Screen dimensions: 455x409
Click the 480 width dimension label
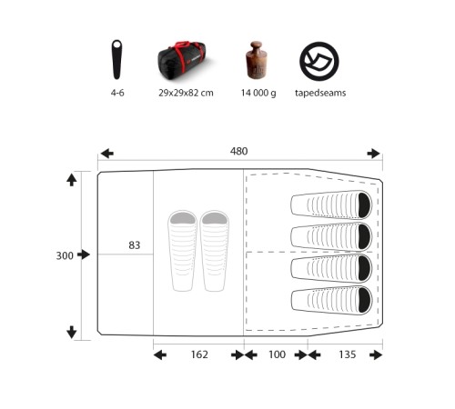tap(238, 151)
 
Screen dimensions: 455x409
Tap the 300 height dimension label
tap(65, 255)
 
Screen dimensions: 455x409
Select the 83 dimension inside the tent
tap(135, 245)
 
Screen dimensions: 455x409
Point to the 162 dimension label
tap(199, 354)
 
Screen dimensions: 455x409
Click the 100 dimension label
tap(277, 354)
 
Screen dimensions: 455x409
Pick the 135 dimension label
tap(348, 354)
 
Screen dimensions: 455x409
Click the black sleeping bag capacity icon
tap(116, 59)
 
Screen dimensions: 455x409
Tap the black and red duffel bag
tap(181, 61)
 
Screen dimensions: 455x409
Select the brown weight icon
tap(257, 60)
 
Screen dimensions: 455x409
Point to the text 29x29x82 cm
tap(186, 93)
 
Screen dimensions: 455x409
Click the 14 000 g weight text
tap(258, 93)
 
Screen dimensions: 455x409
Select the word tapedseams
tap(320, 93)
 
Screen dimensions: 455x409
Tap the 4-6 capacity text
tap(117, 93)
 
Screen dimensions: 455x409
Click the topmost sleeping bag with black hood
tap(331, 204)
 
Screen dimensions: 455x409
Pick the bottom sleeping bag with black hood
tap(331, 300)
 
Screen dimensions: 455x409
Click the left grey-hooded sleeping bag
tap(182, 251)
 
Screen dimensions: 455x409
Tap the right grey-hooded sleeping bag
tap(214, 251)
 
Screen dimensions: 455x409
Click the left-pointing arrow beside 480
tap(107, 154)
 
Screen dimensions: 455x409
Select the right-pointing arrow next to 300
tap(84, 254)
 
